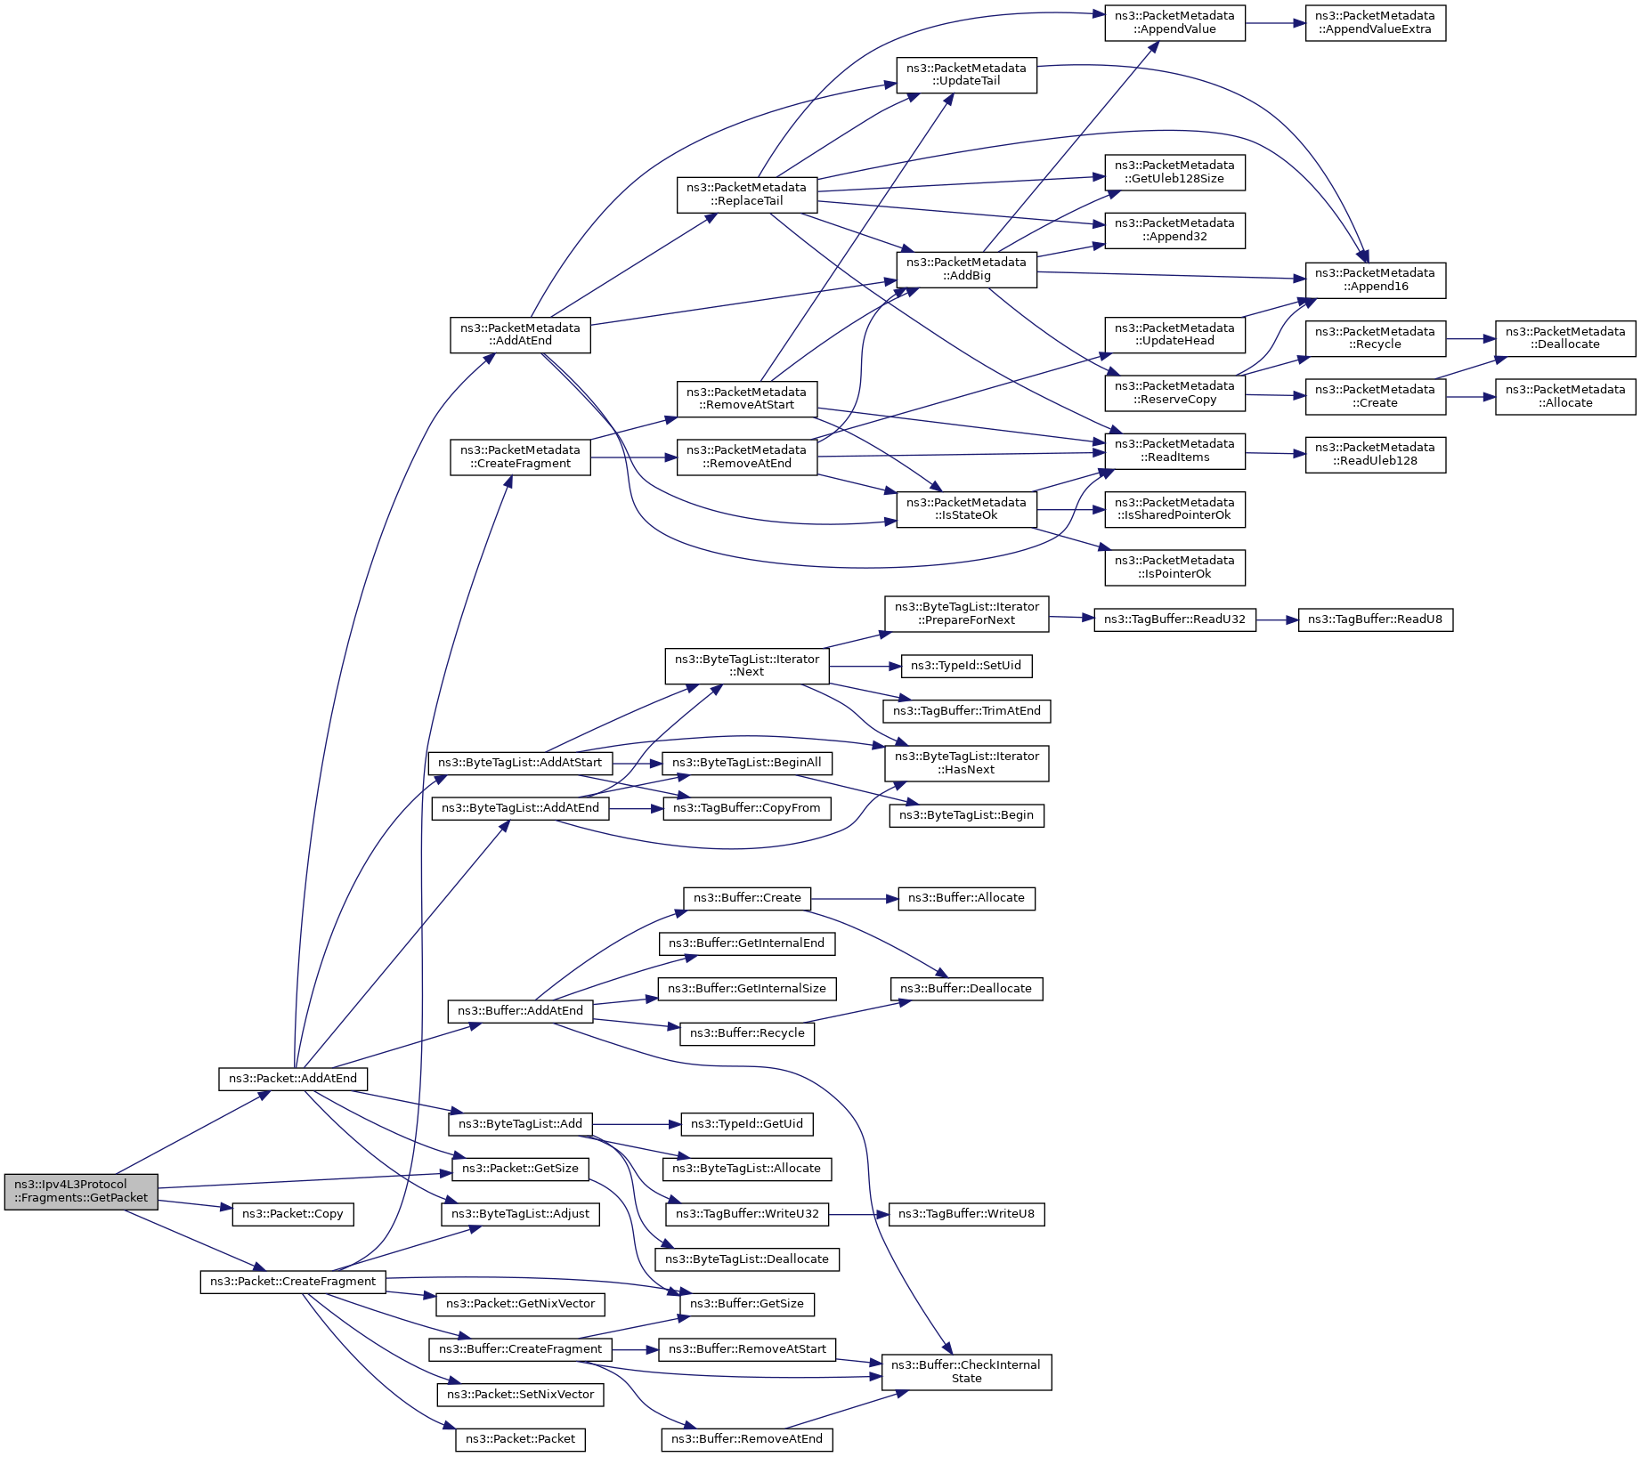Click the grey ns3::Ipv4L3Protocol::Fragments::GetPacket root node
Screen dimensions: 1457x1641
[x=81, y=1191]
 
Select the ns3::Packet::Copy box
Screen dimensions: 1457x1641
[x=293, y=1214]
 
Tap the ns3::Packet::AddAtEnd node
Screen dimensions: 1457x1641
[x=293, y=1079]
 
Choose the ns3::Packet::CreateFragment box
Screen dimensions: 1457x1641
[x=293, y=1282]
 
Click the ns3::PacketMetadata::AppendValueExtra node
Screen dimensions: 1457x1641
[x=1375, y=23]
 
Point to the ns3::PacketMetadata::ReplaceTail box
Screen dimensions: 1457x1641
[x=746, y=194]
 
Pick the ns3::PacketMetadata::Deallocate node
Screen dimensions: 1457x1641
[x=1565, y=338]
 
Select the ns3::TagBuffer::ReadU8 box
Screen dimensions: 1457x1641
[x=1375, y=619]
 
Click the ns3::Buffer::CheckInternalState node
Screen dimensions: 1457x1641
[x=966, y=1372]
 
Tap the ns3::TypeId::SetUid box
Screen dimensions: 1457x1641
[x=966, y=666]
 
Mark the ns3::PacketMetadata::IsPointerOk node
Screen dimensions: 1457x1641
[x=1174, y=567]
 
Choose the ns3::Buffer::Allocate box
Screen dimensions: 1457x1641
[x=966, y=898]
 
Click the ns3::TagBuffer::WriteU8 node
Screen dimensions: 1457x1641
[x=966, y=1214]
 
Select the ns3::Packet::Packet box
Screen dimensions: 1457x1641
[x=520, y=1439]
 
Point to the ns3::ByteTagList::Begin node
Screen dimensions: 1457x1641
[x=966, y=815]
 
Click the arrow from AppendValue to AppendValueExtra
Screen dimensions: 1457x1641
[x=1275, y=23]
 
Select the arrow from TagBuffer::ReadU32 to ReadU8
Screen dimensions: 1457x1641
[x=1277, y=619]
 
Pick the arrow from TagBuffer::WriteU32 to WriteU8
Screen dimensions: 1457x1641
[x=858, y=1214]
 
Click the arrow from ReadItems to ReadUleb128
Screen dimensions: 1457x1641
[x=1275, y=454]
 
